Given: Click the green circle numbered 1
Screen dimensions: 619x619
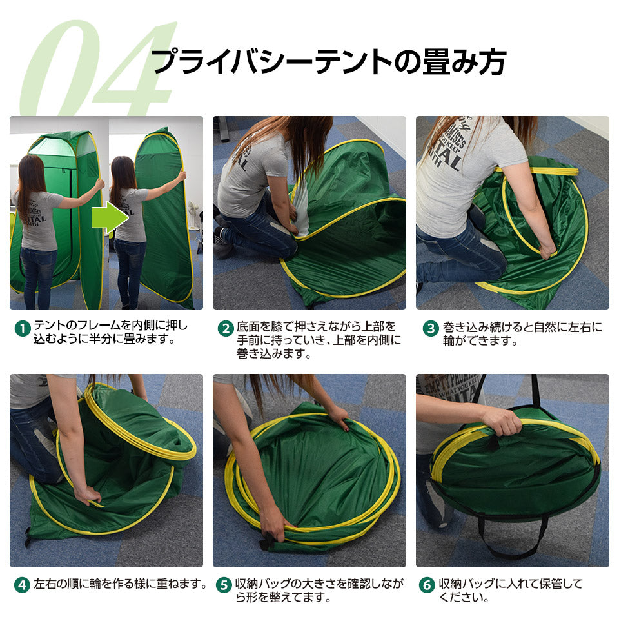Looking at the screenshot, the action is (x=23, y=328).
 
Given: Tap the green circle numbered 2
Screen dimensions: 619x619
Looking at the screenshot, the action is (x=226, y=328).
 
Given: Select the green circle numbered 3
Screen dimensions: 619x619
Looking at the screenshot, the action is (x=431, y=328).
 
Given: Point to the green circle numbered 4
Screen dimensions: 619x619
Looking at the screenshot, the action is (x=23, y=585).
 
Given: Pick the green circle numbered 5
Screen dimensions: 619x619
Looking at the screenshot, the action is (x=224, y=585).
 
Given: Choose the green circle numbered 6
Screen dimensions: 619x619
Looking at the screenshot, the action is (x=427, y=585).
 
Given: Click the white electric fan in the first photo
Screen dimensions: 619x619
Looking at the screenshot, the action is (x=194, y=215).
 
